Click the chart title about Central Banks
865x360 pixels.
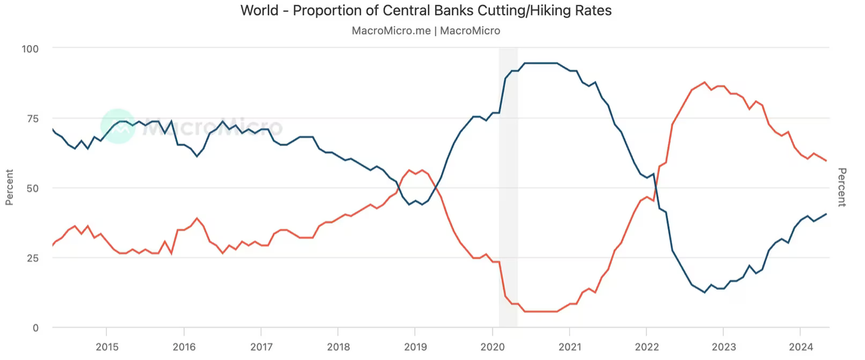pyautogui.click(x=426, y=10)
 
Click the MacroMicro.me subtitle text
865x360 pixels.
pyautogui.click(x=426, y=31)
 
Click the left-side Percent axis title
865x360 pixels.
pyautogui.click(x=10, y=187)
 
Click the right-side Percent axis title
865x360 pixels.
pyautogui.click(x=842, y=187)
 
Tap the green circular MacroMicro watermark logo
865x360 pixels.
pyautogui.click(x=118, y=126)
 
